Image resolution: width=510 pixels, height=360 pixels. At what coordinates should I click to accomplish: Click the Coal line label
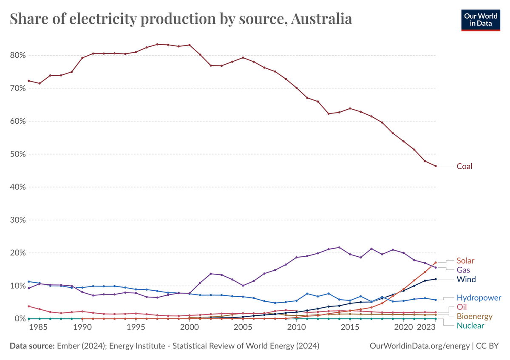tap(464, 166)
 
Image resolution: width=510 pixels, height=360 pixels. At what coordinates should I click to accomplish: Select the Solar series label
tap(465, 261)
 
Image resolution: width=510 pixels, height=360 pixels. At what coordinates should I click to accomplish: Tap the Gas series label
tap(463, 270)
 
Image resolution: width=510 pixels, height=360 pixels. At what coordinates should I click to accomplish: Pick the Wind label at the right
tap(466, 279)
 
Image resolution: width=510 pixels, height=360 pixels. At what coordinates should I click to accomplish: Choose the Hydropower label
tap(479, 298)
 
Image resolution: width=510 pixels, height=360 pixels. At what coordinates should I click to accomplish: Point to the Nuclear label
tap(470, 326)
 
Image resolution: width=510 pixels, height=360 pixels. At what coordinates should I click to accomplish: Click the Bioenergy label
tap(474, 316)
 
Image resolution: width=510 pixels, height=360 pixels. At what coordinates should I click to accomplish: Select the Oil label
tap(462, 307)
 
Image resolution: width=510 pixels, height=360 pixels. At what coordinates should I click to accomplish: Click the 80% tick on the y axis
tap(17, 55)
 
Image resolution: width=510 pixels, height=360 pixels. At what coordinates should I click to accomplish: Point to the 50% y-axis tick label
tap(17, 154)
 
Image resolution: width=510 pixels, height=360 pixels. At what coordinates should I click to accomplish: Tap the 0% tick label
tap(20, 318)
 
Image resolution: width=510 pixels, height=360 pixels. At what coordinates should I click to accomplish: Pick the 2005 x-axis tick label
tap(243, 328)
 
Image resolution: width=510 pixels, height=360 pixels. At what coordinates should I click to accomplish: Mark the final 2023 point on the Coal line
tap(435, 166)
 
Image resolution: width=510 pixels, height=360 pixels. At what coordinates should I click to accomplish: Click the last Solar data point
tap(435, 262)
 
